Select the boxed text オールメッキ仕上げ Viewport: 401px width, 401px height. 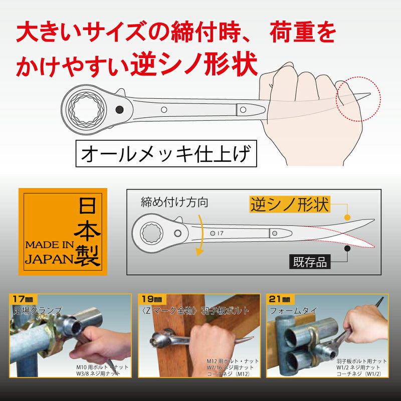point(165,155)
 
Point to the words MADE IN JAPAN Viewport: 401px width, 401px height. point(48,253)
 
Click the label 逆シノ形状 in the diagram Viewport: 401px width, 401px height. point(289,204)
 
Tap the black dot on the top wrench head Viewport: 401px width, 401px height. point(119,109)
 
